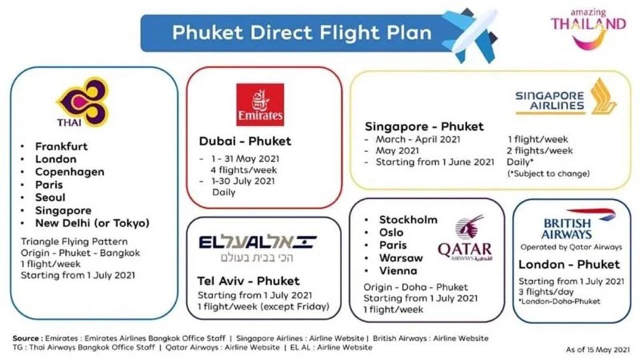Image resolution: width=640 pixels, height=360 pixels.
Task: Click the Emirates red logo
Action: click(x=260, y=105)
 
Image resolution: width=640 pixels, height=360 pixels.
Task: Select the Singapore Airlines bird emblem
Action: click(x=603, y=97)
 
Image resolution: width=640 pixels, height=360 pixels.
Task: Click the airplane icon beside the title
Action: click(x=470, y=34)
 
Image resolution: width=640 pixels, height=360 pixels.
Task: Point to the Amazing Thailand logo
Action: click(x=588, y=29)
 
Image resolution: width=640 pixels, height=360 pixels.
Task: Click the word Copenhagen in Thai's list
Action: click(x=70, y=172)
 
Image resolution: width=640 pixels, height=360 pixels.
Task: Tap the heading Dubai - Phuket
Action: click(x=245, y=141)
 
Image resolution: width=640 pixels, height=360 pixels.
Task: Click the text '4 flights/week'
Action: click(x=244, y=170)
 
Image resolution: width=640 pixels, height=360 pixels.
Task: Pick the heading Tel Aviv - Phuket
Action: click(x=248, y=281)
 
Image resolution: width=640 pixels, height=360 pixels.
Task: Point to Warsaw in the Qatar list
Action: click(x=401, y=258)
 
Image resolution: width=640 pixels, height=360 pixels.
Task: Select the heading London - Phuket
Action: click(x=569, y=265)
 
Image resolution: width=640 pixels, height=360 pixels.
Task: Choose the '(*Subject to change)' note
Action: click(x=549, y=173)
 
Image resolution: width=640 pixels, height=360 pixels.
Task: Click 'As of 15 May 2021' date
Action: click(x=597, y=350)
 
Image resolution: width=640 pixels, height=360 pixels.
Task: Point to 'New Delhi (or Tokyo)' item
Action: click(x=92, y=223)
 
